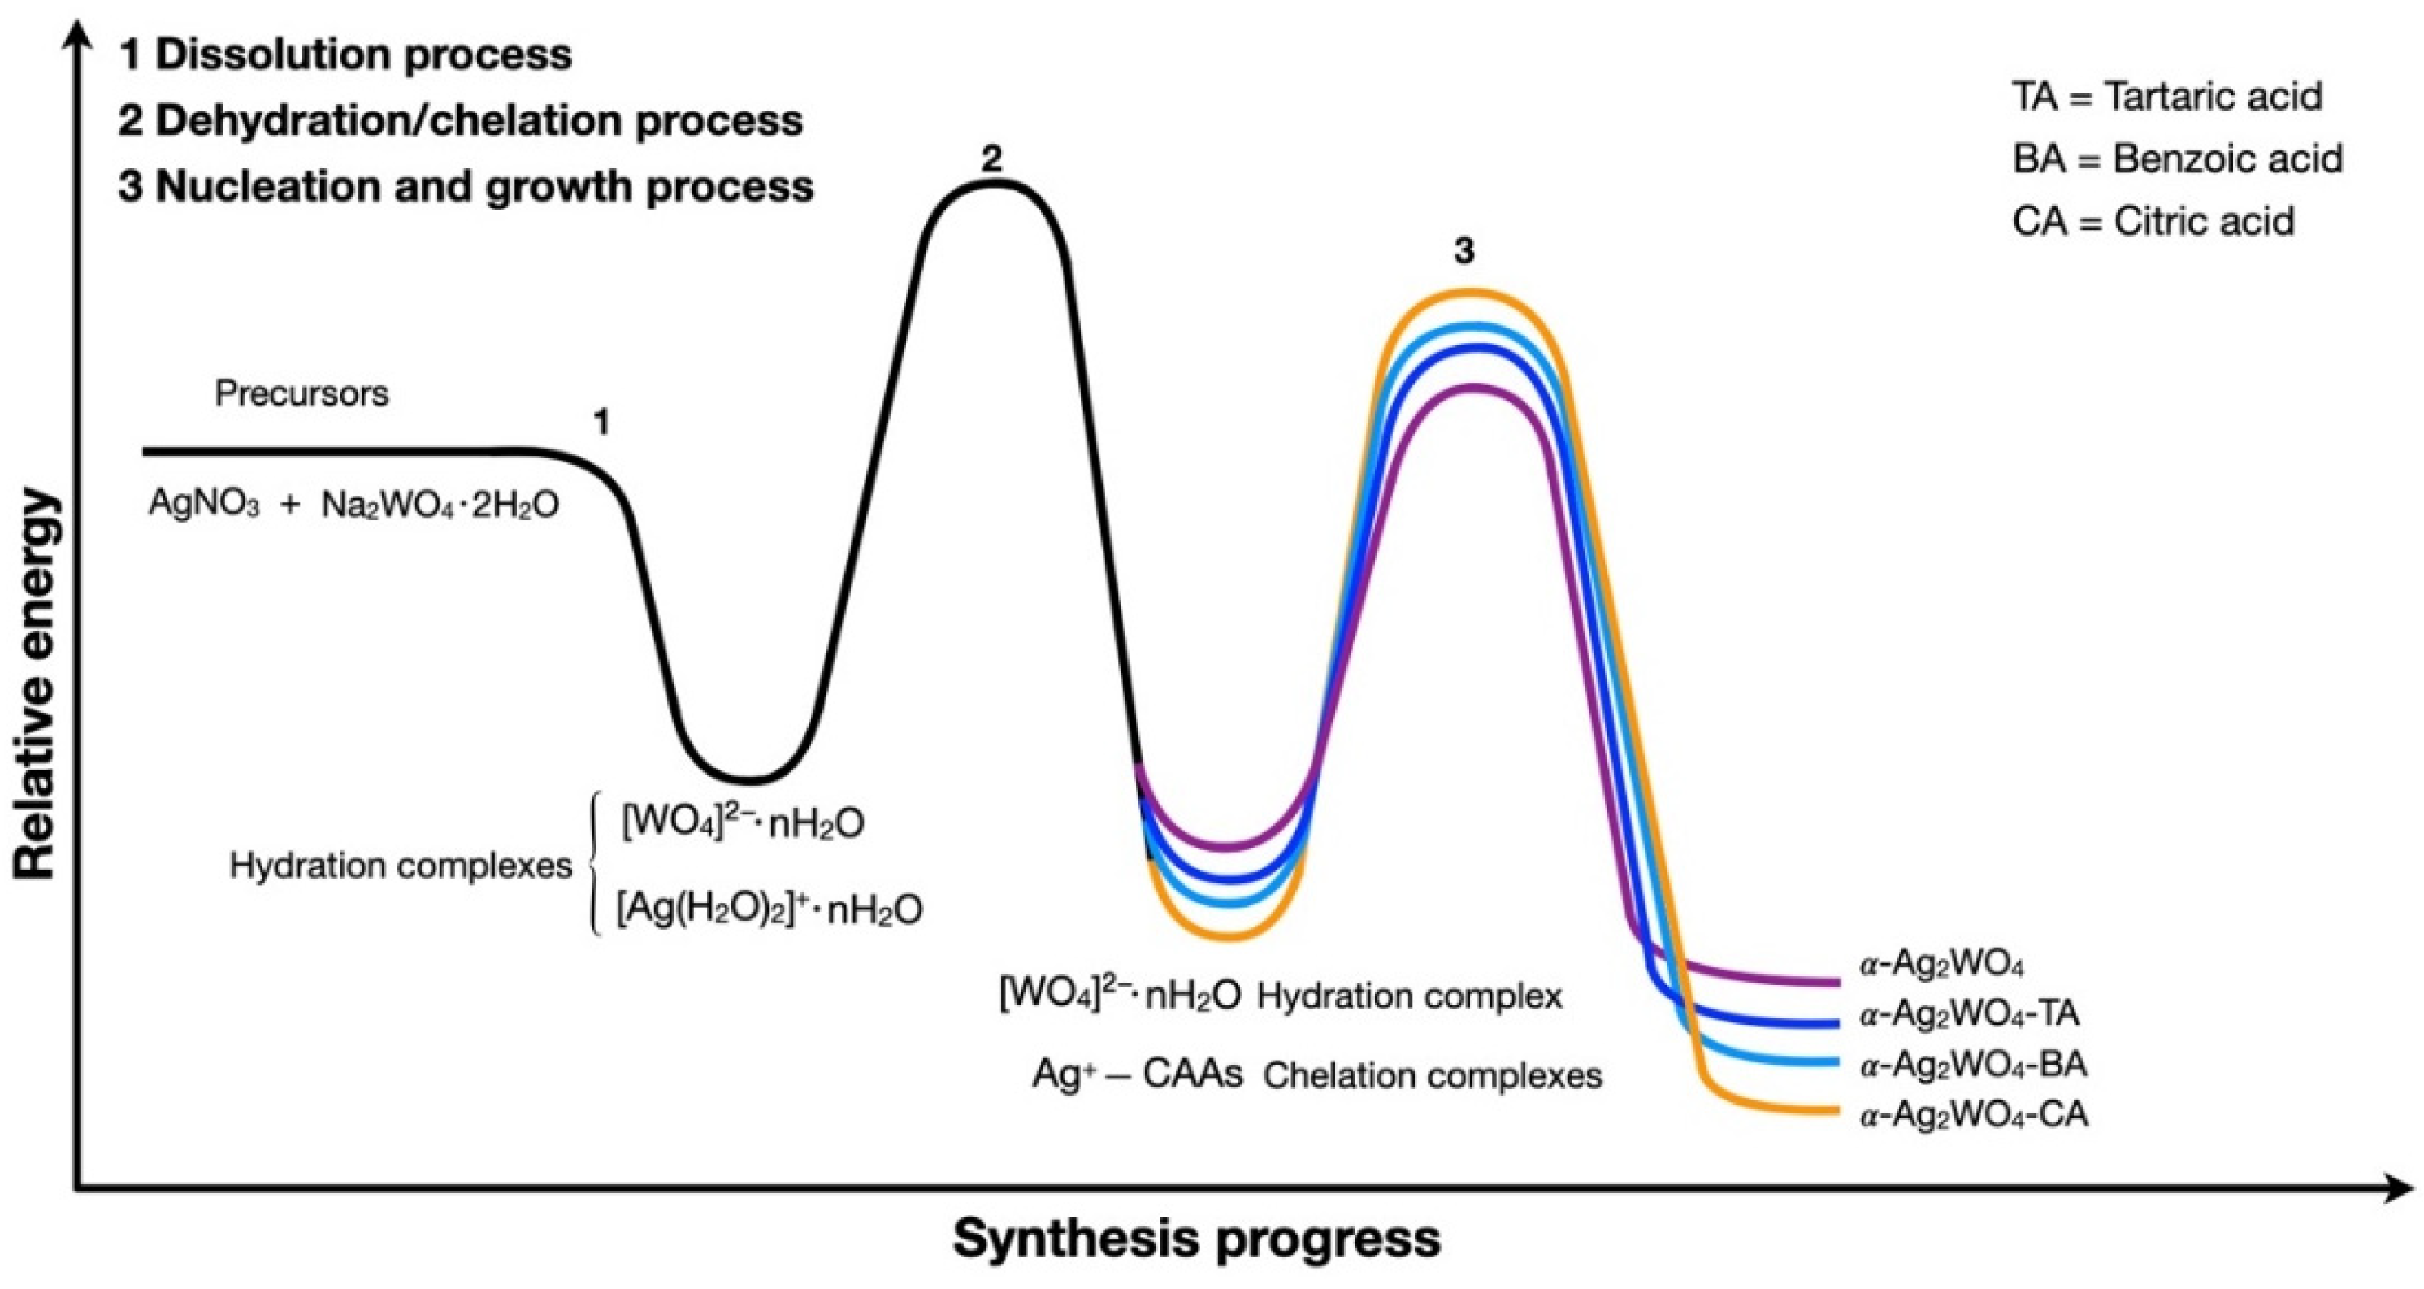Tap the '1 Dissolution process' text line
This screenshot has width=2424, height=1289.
(345, 54)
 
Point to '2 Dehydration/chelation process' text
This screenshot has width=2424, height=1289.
(460, 120)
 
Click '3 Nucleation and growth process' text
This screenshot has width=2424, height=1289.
(466, 186)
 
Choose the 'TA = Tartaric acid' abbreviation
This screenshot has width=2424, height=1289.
(2167, 96)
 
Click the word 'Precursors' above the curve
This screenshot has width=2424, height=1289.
(301, 393)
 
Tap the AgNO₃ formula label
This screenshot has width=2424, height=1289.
(204, 505)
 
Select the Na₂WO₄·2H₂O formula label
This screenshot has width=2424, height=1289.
(440, 506)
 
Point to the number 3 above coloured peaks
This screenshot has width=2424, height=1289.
(1464, 251)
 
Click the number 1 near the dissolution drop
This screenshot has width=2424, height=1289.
(601, 423)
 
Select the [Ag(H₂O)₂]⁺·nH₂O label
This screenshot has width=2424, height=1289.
(769, 909)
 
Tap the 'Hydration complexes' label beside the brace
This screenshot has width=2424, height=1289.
(400, 865)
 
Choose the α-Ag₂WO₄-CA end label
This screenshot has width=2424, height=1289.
(1974, 1115)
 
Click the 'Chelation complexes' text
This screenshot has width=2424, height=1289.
(1432, 1075)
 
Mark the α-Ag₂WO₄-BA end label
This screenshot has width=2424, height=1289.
(1973, 1064)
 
